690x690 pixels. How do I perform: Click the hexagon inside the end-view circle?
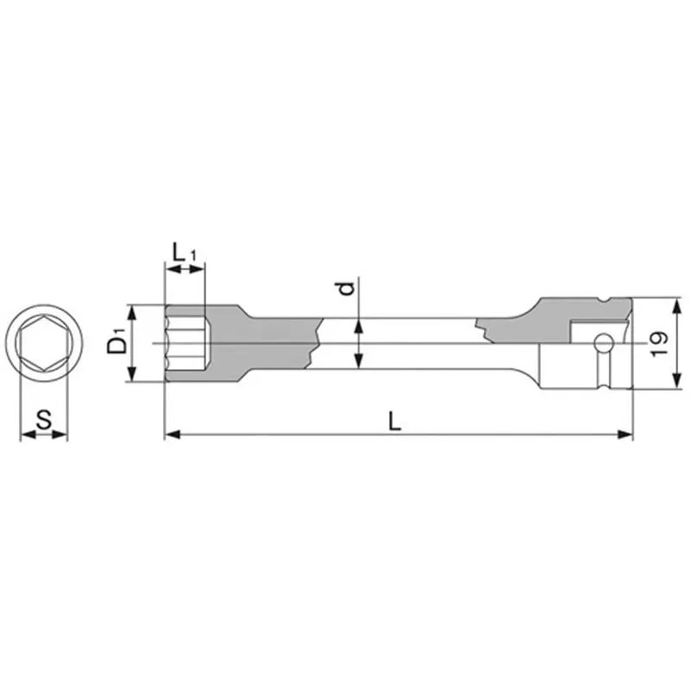coord(43,344)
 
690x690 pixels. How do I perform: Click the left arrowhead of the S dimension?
coord(23,435)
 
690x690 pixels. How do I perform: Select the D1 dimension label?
coord(117,343)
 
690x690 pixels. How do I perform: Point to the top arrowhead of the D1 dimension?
coord(132,309)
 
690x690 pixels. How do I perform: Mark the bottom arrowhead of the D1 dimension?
coord(132,377)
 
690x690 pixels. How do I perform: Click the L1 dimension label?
coord(184,254)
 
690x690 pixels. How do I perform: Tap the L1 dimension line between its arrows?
coord(185,271)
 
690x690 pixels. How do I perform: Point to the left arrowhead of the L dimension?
coord(170,435)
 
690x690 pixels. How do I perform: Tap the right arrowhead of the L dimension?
coord(627,435)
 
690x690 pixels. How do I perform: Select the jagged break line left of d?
coord(316,343)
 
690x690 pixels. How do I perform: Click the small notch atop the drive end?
coord(614,301)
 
